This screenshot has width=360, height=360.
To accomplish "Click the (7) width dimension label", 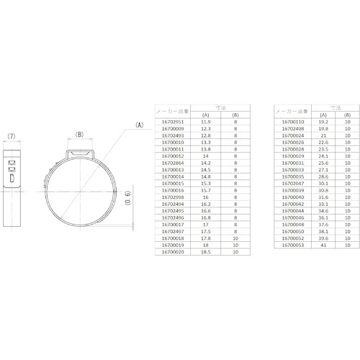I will pos(12,135).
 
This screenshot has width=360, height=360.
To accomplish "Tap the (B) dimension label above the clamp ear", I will pos(81,134).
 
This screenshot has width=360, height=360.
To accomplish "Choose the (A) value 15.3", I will pos(206,183).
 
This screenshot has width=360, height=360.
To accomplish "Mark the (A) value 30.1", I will pos(324,183).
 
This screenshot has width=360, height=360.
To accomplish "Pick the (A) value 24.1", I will pos(324,156).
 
